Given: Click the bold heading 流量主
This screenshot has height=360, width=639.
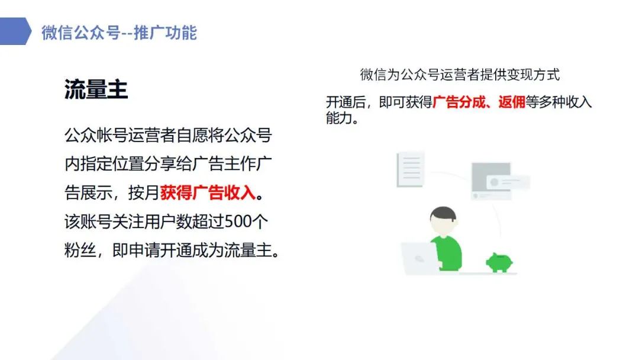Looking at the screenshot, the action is click(96, 89).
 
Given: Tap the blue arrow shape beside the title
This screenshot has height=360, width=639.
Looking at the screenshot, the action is click(15, 31).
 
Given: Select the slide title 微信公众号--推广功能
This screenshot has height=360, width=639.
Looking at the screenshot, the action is click(119, 33).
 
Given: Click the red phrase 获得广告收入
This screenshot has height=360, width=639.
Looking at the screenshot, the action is click(208, 192).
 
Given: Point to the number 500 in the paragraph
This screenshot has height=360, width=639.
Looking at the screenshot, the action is click(238, 221).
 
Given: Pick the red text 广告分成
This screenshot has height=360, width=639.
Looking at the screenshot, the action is click(459, 102).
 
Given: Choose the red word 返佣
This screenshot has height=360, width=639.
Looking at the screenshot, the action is click(511, 102).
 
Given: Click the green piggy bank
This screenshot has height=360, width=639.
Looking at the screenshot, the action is click(499, 262).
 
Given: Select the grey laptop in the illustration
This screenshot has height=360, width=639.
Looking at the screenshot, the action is click(419, 258).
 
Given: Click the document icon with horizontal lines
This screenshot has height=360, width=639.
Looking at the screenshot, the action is click(411, 169).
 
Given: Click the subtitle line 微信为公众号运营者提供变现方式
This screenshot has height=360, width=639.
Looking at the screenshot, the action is click(460, 75).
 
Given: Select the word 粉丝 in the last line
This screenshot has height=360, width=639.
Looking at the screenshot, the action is click(80, 250).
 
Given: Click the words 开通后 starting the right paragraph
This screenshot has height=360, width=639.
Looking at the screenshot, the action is click(346, 102).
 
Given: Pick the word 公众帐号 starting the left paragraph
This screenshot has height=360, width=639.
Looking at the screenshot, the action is click(96, 135).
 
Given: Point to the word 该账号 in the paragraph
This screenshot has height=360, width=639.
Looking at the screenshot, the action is click(88, 221).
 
